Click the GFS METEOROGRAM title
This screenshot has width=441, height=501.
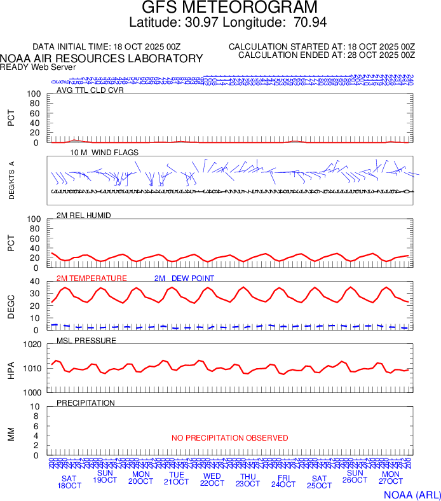click(229, 8)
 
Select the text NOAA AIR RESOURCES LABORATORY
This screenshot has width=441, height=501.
click(102, 58)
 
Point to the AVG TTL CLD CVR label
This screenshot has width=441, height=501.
click(90, 90)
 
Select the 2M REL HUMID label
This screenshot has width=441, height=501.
click(84, 216)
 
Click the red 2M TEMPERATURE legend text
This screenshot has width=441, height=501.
click(92, 278)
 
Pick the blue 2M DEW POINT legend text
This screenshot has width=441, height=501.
click(184, 278)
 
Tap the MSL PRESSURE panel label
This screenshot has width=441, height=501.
click(86, 341)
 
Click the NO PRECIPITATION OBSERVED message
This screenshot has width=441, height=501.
click(229, 438)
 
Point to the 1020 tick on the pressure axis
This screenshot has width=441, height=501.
click(32, 345)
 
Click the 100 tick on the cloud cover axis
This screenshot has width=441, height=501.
click(34, 94)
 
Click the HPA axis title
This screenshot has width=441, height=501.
click(11, 369)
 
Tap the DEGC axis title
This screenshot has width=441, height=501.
click(11, 306)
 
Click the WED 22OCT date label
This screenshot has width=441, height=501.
click(212, 480)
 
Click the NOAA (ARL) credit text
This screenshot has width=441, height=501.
click(412, 494)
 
